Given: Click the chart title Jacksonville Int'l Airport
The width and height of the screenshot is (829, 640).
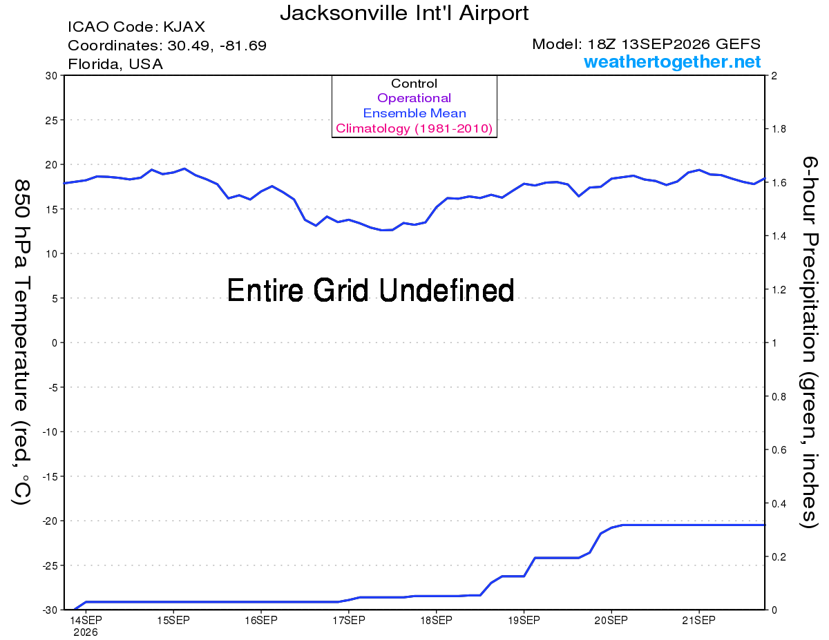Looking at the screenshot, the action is [404, 13].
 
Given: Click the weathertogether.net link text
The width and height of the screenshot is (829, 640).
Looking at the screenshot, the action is [672, 61].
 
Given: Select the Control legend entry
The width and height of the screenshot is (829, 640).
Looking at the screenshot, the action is [414, 84].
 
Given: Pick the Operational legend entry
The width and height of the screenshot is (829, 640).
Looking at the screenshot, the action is [414, 98].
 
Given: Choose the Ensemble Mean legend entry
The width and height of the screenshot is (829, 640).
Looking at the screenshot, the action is [414, 113].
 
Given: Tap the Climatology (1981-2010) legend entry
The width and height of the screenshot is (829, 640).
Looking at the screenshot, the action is [414, 128].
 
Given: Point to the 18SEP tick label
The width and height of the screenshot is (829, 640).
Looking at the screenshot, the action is [436, 621].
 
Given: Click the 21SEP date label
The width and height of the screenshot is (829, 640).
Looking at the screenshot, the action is [698, 621].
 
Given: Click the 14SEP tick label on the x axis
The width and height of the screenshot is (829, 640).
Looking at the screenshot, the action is [86, 621].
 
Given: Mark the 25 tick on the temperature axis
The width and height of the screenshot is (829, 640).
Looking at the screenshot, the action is [51, 120].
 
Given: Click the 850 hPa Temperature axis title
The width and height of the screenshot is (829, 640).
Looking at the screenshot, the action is [21, 342].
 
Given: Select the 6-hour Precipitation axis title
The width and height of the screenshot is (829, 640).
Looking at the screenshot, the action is [809, 342].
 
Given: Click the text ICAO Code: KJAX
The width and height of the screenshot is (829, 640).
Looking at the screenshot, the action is [136, 27].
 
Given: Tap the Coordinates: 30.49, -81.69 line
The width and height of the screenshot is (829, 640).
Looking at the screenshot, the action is [167, 46].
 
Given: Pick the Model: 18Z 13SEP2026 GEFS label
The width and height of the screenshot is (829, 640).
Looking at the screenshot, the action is [646, 44].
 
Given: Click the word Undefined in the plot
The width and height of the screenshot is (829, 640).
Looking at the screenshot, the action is [447, 290].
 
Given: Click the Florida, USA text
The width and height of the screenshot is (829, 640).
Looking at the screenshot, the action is [115, 64].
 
